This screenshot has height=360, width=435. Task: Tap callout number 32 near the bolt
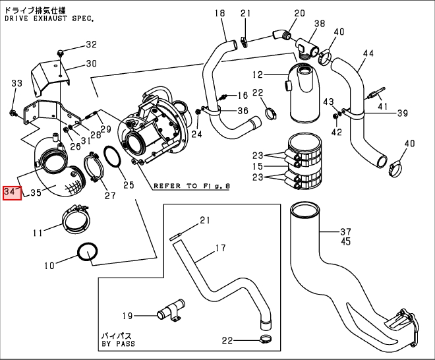[91, 45]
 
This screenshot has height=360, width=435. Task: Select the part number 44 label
[368, 53]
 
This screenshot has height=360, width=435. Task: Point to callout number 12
[258, 75]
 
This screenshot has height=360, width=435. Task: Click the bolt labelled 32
[61, 52]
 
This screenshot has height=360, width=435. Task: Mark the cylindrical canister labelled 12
[304, 92]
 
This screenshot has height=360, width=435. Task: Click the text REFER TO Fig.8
[191, 186]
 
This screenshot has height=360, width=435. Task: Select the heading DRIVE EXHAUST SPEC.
[49, 18]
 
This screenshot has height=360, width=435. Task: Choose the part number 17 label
[219, 249]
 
